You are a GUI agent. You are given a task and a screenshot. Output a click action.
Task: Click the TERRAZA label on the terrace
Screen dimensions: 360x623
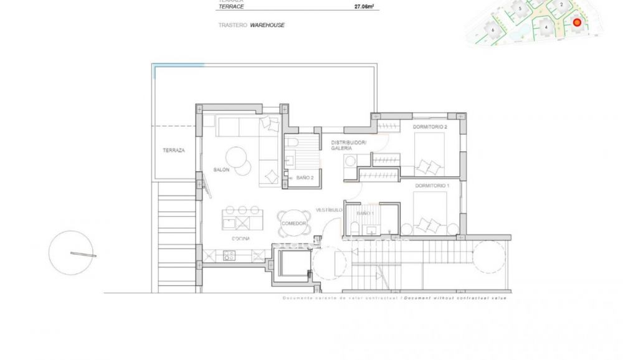click(x=174, y=150)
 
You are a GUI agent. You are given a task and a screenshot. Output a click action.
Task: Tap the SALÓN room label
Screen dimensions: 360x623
click(x=222, y=169)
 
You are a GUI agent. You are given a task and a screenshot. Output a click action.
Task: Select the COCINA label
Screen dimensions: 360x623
click(x=241, y=239)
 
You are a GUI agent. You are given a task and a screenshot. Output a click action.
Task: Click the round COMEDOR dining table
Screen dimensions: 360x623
click(x=293, y=223)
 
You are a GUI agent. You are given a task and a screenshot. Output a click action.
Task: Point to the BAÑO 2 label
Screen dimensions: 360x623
click(x=304, y=178)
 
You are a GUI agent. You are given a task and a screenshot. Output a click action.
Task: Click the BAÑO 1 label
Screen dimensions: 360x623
click(x=365, y=214)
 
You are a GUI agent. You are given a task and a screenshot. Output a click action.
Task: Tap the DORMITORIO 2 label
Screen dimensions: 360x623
click(x=430, y=127)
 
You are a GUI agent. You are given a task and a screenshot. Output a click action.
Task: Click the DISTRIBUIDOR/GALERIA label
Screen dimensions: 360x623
click(x=349, y=146)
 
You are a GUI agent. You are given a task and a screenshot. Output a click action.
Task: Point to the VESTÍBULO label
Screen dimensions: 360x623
click(x=330, y=209)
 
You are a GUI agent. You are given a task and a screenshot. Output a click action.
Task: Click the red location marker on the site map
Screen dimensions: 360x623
click(x=577, y=22)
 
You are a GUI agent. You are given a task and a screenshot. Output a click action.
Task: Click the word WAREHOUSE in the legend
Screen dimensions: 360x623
click(x=267, y=26)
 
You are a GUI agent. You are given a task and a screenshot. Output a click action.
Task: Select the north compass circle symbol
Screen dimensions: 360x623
click(x=71, y=253)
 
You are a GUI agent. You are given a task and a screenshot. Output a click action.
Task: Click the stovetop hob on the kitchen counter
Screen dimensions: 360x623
click(x=229, y=255)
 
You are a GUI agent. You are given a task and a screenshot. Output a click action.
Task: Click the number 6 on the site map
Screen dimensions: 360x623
click(x=492, y=30)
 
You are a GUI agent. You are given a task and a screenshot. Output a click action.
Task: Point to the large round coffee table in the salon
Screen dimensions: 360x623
click(x=237, y=156)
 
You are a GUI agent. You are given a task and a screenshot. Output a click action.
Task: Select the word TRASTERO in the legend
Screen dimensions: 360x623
click(x=232, y=26)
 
